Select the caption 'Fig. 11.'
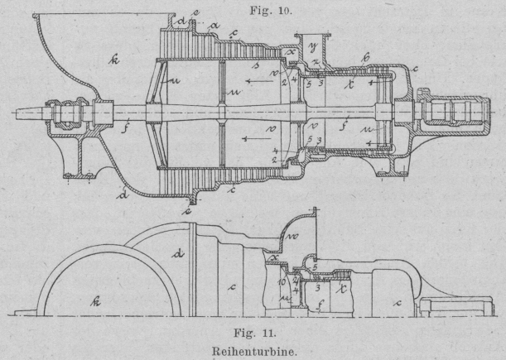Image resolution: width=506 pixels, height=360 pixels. pos(252,331)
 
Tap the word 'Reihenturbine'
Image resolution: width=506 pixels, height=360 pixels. pos(252,348)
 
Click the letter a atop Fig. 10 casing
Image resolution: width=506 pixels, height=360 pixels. pos(215,26)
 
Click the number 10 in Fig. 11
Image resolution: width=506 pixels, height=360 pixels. pos(282,283)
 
